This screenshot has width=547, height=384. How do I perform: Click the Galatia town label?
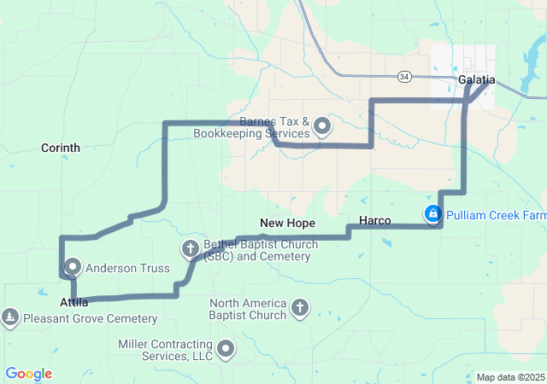(x=476, y=79)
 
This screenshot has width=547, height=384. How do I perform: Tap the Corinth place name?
(x=61, y=148)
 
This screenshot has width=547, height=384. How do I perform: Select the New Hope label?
(x=288, y=223)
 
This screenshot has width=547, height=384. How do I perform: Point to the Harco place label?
(x=375, y=221)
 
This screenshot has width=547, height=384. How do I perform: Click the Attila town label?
(x=74, y=303)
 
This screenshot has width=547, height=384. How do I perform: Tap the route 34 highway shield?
(x=404, y=77)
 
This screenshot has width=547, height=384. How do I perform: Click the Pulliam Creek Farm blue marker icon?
(x=433, y=213)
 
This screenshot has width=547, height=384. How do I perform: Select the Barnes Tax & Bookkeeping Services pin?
(x=322, y=127)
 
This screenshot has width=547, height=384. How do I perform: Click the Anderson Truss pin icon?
(x=72, y=266)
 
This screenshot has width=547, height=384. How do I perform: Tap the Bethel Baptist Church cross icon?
(x=191, y=249)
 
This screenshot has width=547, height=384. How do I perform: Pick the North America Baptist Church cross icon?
(x=299, y=307)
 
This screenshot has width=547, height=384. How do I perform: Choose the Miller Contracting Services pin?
(x=226, y=348)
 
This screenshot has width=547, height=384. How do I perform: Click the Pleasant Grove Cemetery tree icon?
(x=10, y=318)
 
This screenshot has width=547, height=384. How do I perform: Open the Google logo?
(x=28, y=374)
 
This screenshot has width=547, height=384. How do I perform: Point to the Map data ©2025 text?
(x=510, y=377)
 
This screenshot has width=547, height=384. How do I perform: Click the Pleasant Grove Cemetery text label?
(x=90, y=319)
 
